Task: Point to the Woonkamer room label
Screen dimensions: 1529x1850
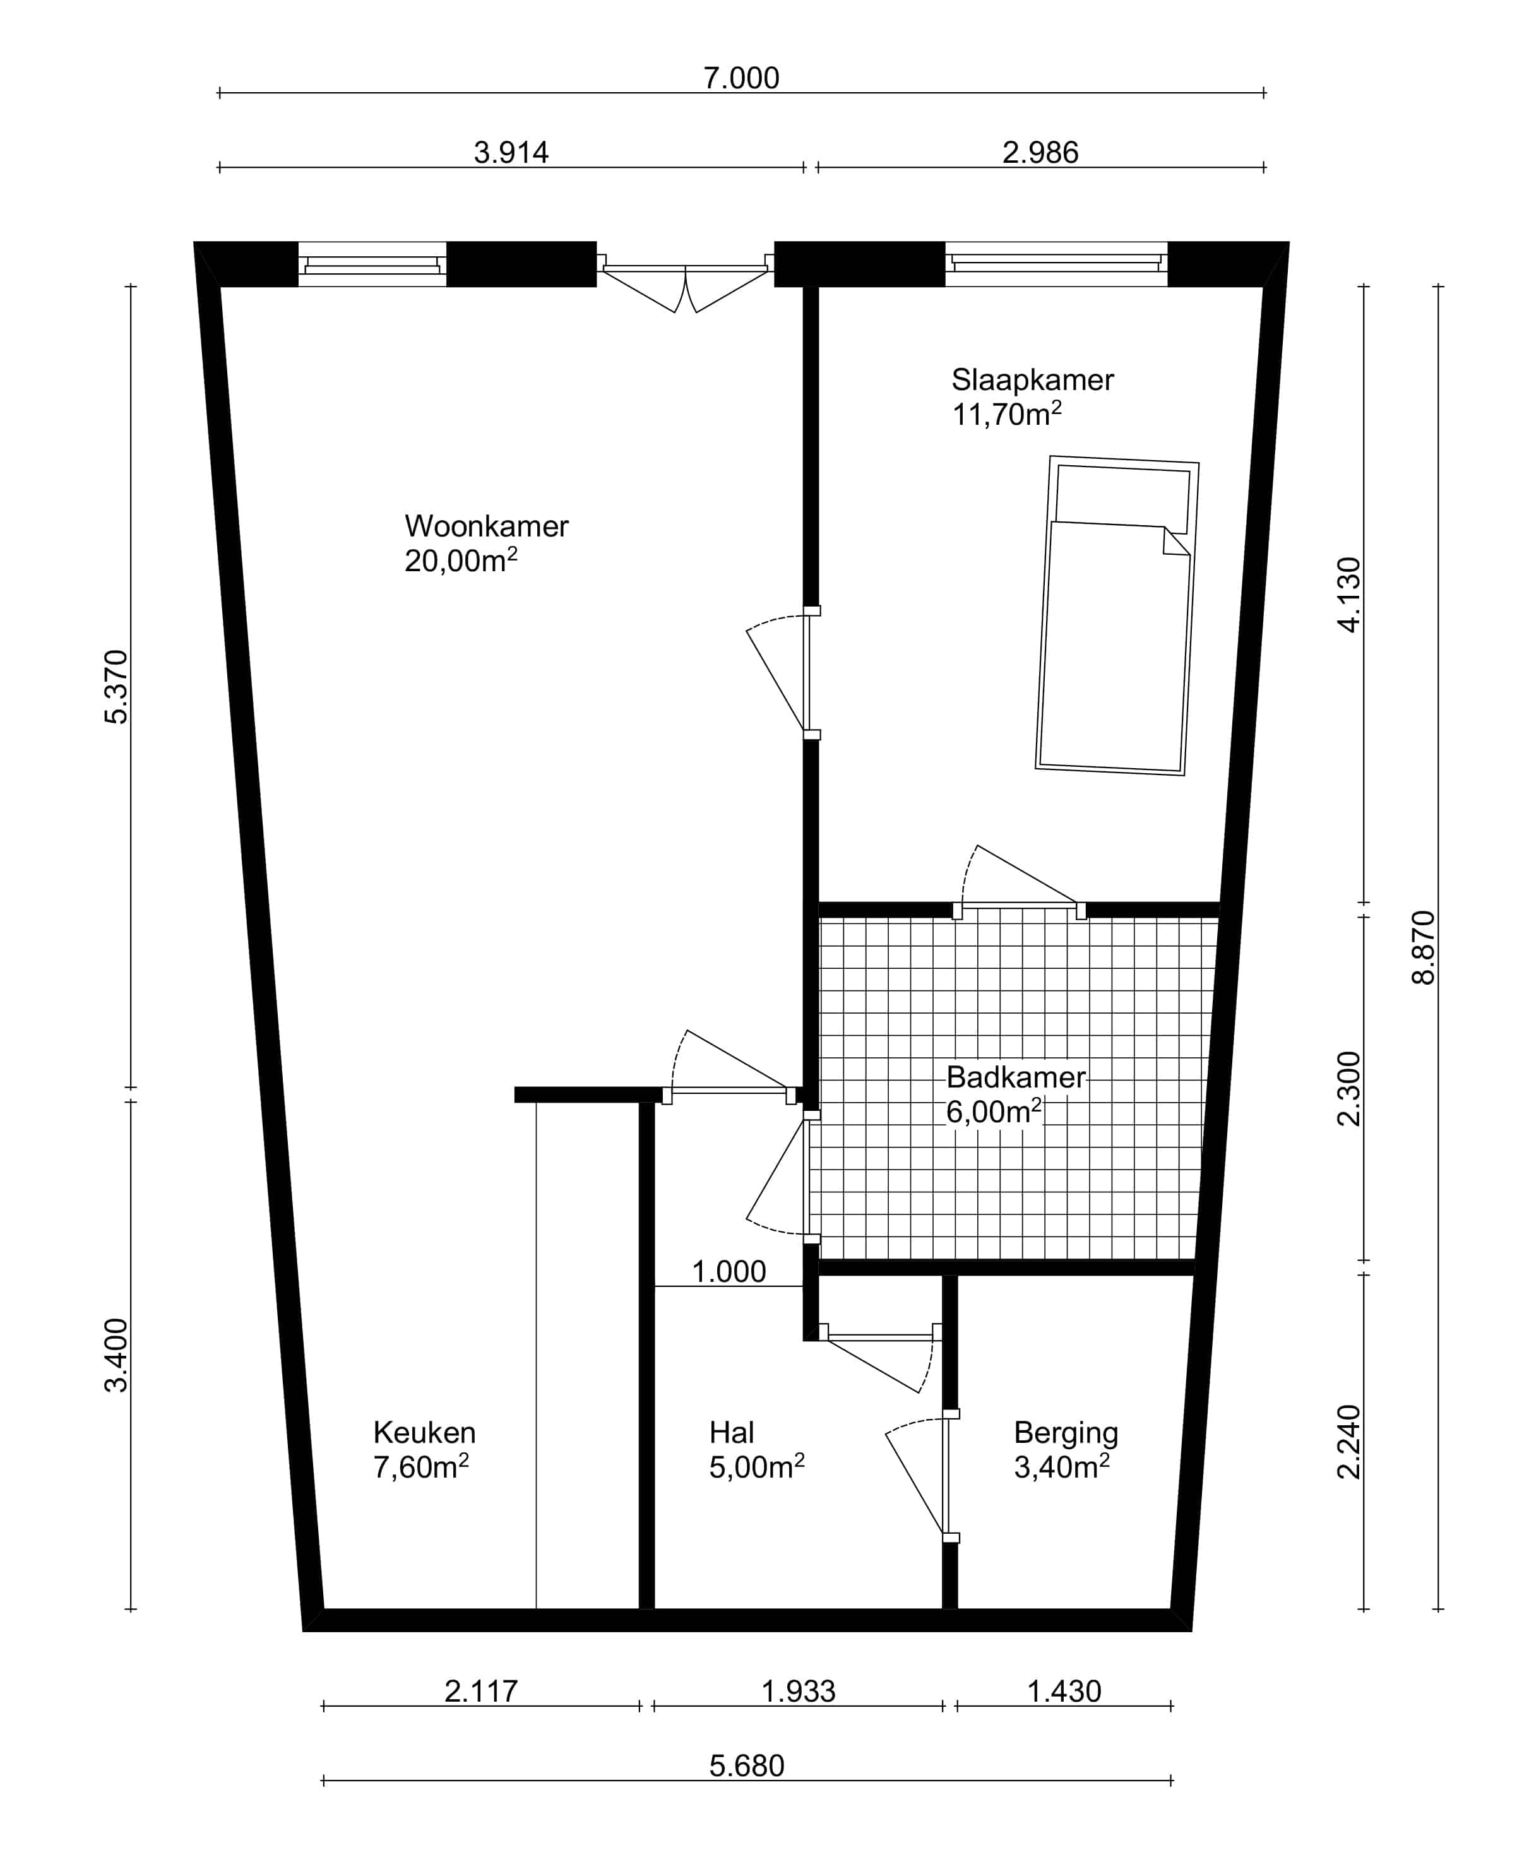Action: click(486, 526)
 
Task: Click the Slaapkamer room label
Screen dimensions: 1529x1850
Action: click(1032, 381)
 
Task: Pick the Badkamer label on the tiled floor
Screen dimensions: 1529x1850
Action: click(1016, 1078)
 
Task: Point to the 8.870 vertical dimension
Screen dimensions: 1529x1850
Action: click(1424, 947)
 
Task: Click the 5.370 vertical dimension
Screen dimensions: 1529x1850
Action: click(116, 687)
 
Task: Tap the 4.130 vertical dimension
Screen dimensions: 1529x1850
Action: click(1348, 595)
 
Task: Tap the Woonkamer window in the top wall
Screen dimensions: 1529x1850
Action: click(372, 265)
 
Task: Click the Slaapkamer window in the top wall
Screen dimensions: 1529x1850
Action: click(1056, 264)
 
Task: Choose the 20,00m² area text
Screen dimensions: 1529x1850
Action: click(461, 560)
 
